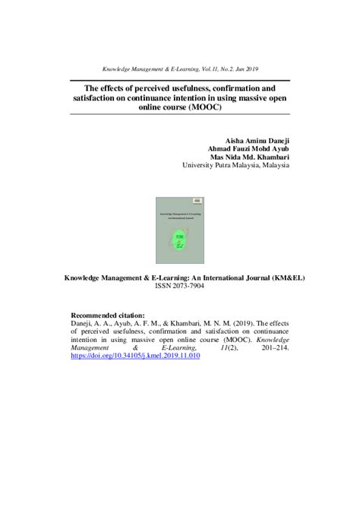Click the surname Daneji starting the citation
click(85, 325)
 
